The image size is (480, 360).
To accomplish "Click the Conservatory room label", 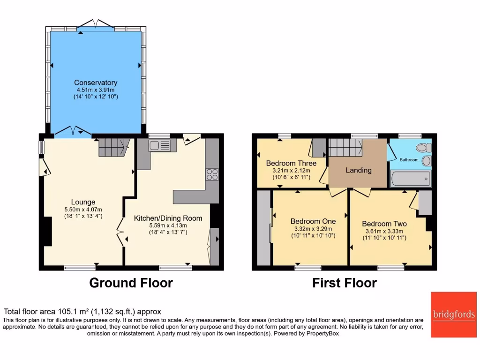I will (x=96, y=83).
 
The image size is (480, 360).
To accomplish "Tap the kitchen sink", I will (x=159, y=146).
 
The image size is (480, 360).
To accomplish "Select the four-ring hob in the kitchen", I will (x=212, y=174).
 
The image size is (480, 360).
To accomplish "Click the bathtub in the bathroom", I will (x=410, y=179).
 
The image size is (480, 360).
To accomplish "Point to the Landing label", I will (x=359, y=170).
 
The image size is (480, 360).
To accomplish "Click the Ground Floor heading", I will (x=131, y=283).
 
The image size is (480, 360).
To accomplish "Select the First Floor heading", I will (x=345, y=283).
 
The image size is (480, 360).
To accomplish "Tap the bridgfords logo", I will (x=453, y=315).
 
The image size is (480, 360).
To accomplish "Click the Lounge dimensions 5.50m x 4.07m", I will (x=83, y=210).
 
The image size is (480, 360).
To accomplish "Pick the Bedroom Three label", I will (x=291, y=163).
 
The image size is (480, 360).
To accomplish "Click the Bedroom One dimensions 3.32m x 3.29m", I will (x=313, y=229).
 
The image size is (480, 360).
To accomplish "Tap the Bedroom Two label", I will (x=384, y=224).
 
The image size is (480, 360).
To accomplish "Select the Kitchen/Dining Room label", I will (x=168, y=218).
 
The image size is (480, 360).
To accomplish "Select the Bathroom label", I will (x=409, y=160).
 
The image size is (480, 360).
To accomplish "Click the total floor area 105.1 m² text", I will (x=82, y=311).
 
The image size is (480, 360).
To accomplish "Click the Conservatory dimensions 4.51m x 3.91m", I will (x=96, y=90).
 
